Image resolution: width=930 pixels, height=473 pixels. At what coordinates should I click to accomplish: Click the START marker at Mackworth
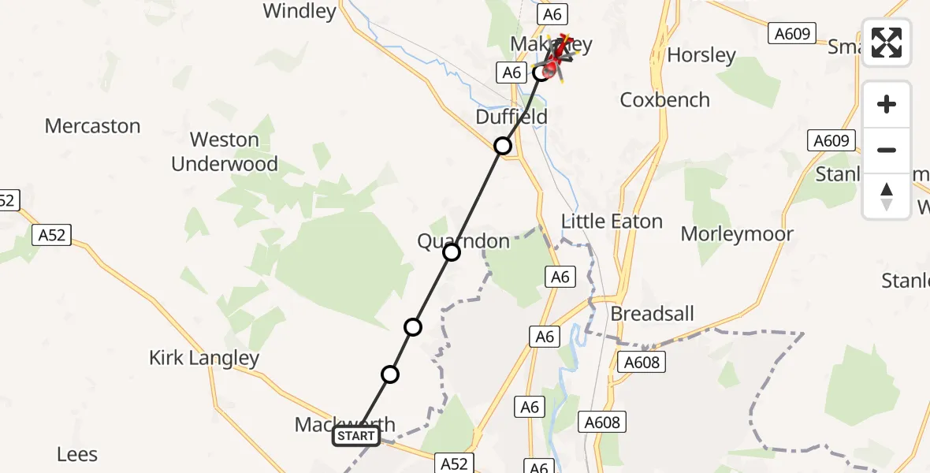(x=356, y=436)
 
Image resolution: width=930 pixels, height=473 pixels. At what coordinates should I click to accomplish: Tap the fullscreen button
(x=887, y=43)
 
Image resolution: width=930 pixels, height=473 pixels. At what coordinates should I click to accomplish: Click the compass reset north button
(x=887, y=196)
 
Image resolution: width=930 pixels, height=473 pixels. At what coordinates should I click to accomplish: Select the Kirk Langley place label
(x=204, y=358)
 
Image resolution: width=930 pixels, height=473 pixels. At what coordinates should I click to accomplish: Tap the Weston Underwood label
(x=225, y=152)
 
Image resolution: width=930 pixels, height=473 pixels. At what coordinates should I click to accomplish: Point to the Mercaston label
(x=92, y=126)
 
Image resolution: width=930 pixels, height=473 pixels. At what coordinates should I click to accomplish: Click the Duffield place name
(x=511, y=117)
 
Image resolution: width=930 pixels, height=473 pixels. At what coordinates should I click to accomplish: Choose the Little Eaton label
(x=612, y=222)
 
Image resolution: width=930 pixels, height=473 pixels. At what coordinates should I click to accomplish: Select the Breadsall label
(x=653, y=314)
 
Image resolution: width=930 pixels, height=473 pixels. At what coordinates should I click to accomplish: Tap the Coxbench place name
(x=665, y=100)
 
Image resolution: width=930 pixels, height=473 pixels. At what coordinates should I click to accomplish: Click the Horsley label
(x=701, y=55)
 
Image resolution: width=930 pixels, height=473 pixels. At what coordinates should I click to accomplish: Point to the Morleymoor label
(x=737, y=234)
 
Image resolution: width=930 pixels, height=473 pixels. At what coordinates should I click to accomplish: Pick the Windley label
(x=299, y=11)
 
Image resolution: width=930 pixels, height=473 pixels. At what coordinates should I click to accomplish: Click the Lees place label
(x=77, y=454)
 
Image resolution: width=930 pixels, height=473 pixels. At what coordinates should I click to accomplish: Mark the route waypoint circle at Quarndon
(x=452, y=252)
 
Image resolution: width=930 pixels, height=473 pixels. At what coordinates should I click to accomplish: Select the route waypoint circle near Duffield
(x=503, y=146)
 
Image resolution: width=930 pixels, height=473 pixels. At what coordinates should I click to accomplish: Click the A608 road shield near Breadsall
(x=641, y=362)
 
